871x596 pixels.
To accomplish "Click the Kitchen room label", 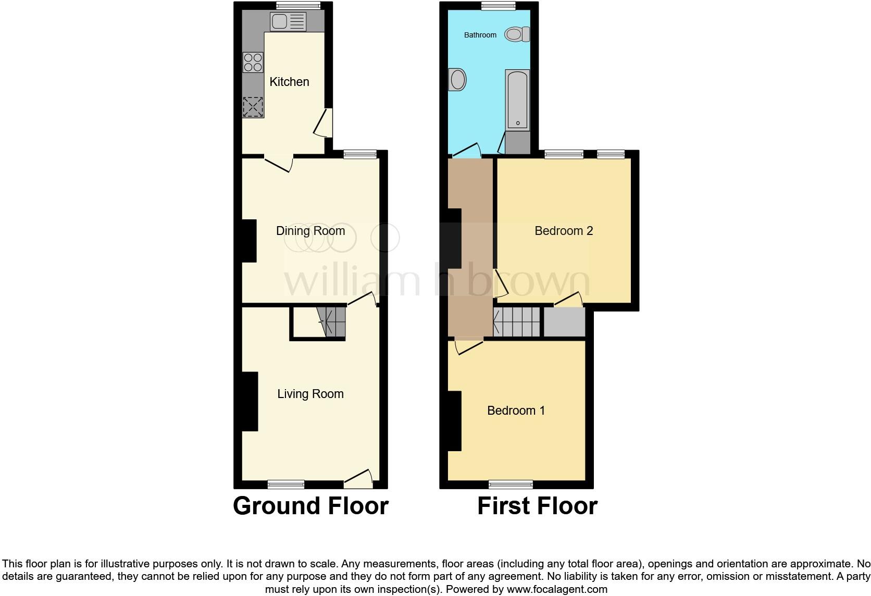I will pyautogui.click(x=289, y=82).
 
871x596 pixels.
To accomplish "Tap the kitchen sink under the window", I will pyautogui.click(x=288, y=22).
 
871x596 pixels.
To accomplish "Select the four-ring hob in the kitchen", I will pyautogui.click(x=253, y=63).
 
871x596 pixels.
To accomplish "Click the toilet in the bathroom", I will pyautogui.click(x=517, y=35).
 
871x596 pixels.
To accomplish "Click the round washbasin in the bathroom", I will pyautogui.click(x=457, y=80).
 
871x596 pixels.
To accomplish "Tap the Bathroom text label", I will pyautogui.click(x=480, y=35).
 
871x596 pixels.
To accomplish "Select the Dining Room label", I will pyautogui.click(x=310, y=231).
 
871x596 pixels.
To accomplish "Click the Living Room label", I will pyautogui.click(x=310, y=394).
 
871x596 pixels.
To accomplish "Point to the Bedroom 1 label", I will pyautogui.click(x=516, y=411).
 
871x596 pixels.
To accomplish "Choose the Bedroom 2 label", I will pyautogui.click(x=564, y=231).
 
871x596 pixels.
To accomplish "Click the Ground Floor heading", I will pyautogui.click(x=310, y=506).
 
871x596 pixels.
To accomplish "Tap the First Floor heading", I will pyautogui.click(x=537, y=506).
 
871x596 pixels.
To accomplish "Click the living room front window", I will pyautogui.click(x=286, y=485).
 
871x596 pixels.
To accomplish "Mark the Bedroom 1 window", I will pyautogui.click(x=511, y=485).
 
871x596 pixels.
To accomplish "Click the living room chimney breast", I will pyautogui.click(x=250, y=401).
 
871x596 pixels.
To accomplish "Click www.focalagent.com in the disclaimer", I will pyautogui.click(x=556, y=590).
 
